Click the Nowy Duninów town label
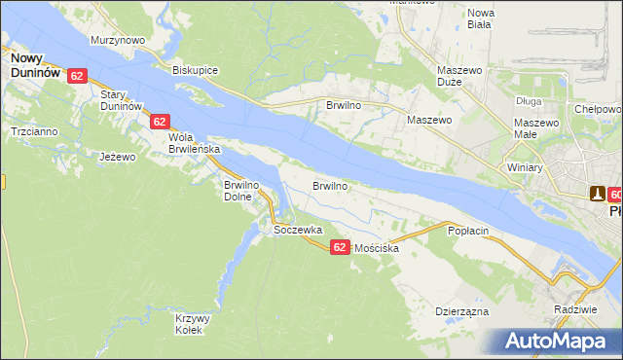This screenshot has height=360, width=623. tap(36, 65)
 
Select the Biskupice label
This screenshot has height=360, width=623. tap(195, 71)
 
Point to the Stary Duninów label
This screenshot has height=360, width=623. tap(122, 99)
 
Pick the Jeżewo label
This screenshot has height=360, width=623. tap(116, 156)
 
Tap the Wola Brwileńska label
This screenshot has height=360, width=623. tap(195, 144)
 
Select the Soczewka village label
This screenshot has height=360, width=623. tap(298, 231)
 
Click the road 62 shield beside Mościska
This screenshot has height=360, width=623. tap(339, 247)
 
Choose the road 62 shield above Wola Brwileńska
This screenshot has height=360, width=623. tap(161, 122)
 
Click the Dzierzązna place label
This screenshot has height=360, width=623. tap(461, 312)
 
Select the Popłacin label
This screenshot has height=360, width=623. tap(466, 231)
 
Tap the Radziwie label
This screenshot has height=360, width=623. tap(573, 308)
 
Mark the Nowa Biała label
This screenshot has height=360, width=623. tap(481, 19)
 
